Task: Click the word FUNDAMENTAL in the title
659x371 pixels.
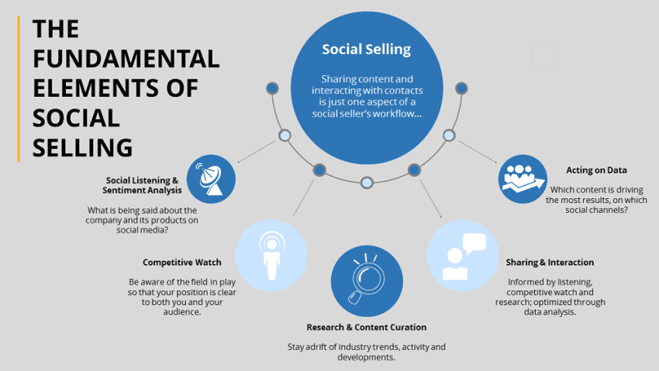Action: coord(126,59)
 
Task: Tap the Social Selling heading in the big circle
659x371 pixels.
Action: coord(366,50)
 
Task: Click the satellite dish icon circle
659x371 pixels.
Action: coord(211,178)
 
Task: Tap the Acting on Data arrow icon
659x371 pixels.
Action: coord(522,178)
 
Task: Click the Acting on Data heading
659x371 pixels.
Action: coord(596,170)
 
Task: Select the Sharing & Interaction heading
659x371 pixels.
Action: coord(549,263)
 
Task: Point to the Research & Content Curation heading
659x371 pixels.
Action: coord(366,327)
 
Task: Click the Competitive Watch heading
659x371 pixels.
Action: coord(182,263)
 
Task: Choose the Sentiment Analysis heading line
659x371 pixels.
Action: coord(143,190)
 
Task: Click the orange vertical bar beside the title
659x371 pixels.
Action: coord(19,89)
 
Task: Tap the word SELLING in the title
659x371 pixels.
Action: coord(82,146)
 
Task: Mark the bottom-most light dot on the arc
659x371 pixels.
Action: coord(367,183)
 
